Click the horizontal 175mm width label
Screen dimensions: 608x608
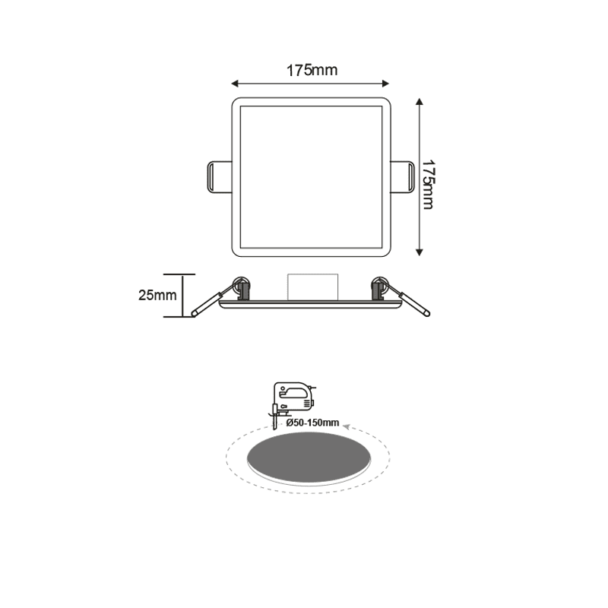point(312,71)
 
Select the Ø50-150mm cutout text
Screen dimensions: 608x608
point(313,422)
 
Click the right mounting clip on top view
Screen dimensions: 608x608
point(402,176)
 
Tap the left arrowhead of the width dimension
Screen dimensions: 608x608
point(235,82)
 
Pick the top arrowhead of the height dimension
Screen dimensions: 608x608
point(420,102)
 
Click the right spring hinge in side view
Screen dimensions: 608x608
point(378,287)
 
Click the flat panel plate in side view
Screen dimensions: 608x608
point(310,305)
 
